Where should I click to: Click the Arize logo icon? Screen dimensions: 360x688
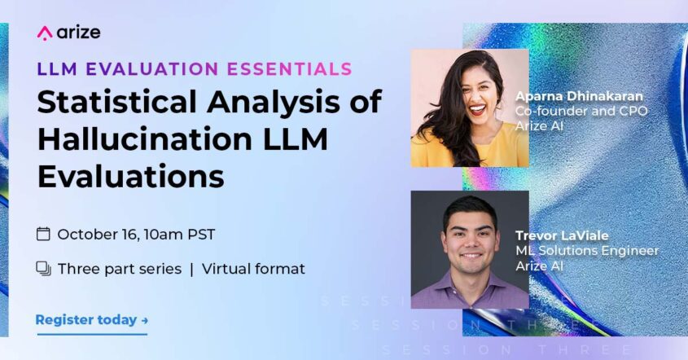(45, 33)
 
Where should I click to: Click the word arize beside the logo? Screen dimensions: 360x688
(79, 33)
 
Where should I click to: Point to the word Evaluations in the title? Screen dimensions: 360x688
(130, 174)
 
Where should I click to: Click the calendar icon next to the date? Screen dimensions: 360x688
(44, 235)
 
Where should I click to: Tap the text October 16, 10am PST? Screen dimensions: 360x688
(136, 235)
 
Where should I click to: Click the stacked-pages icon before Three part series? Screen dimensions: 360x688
(44, 269)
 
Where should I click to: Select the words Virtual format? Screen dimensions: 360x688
(253, 269)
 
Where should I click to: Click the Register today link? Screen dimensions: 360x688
(86, 320)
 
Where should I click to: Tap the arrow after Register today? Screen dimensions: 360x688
(145, 321)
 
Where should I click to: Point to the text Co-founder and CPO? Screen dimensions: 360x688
(581, 112)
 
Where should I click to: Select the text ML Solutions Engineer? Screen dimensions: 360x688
(586, 251)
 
